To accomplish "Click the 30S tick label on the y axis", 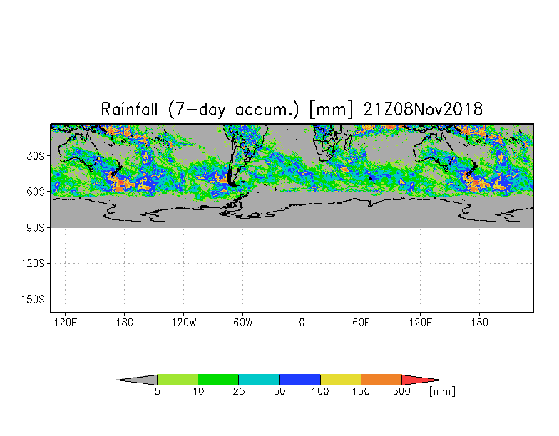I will tap(36, 156).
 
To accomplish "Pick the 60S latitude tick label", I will tap(36, 192).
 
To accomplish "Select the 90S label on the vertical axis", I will tap(36, 228).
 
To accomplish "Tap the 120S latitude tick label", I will tap(33, 264).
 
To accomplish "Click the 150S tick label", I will tap(33, 299).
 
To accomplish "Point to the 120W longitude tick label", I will tap(183, 323).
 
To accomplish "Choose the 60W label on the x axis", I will tap(242, 323).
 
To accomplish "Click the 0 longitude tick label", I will tap(302, 323).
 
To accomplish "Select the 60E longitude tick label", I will tap(361, 323).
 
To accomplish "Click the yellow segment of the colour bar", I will tap(340, 380).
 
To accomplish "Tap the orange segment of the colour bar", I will tap(381, 380).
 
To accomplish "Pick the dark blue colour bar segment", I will tap(299, 380).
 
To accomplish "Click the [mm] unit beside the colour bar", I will tap(442, 392).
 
